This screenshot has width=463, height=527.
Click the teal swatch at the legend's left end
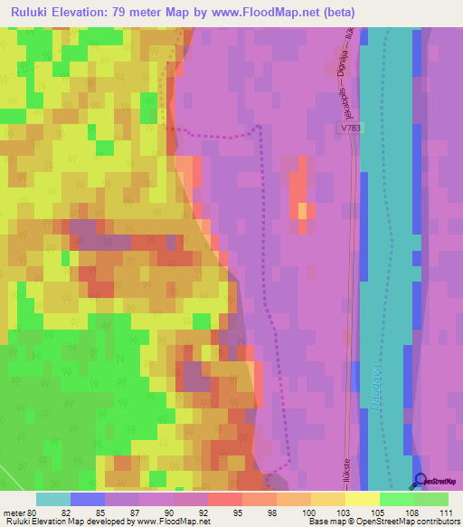53,499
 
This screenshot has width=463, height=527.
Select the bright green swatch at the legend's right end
431,499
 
